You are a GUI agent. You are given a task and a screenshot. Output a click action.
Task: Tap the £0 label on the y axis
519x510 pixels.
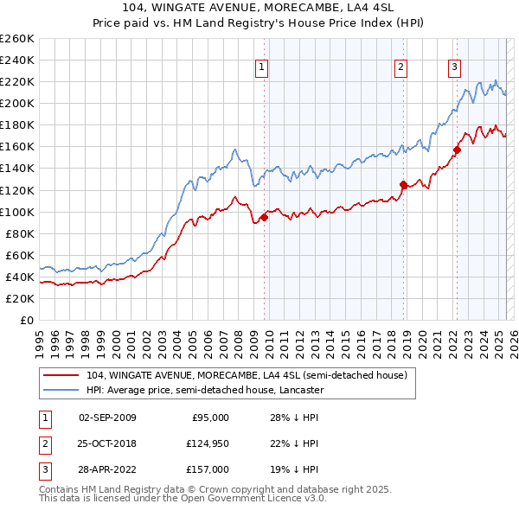pyautogui.click(x=26, y=321)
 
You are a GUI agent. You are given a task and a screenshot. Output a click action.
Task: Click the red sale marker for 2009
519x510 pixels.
pyautogui.click(x=264, y=217)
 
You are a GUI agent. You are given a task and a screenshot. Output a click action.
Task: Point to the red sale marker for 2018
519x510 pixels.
pyautogui.click(x=403, y=184)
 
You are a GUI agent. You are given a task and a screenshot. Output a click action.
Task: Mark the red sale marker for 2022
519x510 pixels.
pyautogui.click(x=457, y=150)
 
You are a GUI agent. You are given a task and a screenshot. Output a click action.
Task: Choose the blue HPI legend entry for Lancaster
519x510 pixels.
pyautogui.click(x=204, y=390)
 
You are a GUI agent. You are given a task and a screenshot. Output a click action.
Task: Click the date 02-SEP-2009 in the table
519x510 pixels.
pyautogui.click(x=107, y=418)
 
